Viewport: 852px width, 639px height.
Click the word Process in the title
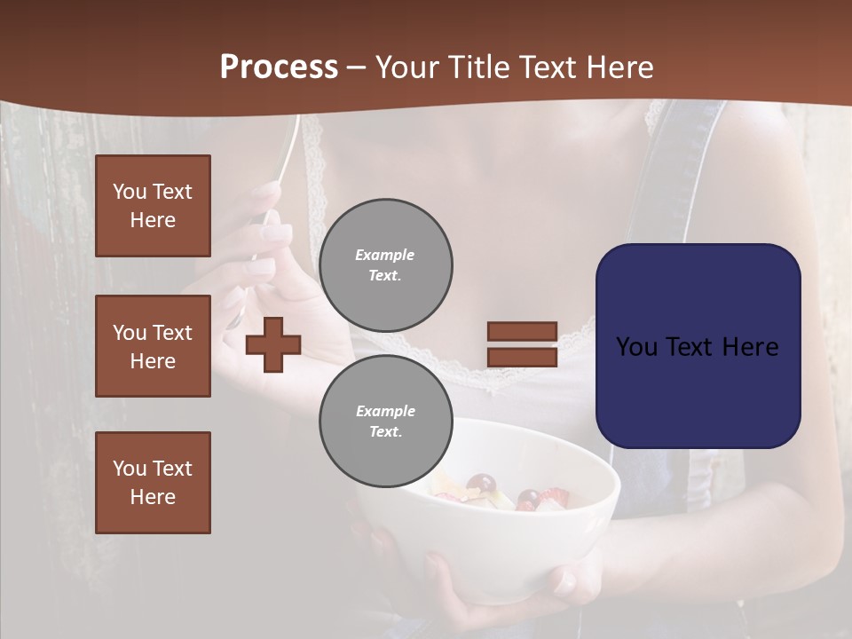pyautogui.click(x=279, y=67)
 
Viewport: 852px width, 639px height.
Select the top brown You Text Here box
pyautogui.click(x=153, y=206)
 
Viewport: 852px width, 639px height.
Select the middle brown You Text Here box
pyautogui.click(x=153, y=346)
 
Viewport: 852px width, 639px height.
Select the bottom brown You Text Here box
pyautogui.click(x=153, y=483)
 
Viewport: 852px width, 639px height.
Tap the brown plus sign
pyautogui.click(x=273, y=344)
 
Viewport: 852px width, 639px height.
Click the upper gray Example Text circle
pyautogui.click(x=385, y=265)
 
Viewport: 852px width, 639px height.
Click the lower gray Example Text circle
pyautogui.click(x=385, y=422)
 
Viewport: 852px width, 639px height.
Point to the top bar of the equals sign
pyautogui.click(x=522, y=332)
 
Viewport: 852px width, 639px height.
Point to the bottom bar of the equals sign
pyautogui.click(x=522, y=357)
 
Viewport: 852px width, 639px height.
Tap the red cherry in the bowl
pyautogui.click(x=482, y=485)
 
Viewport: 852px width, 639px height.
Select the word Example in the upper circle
pyautogui.click(x=385, y=256)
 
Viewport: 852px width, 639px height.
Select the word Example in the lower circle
pyautogui.click(x=385, y=412)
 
